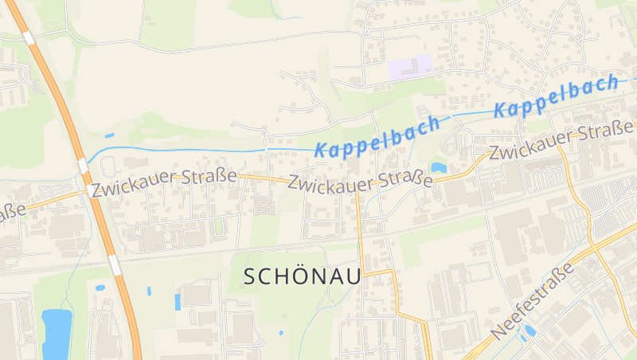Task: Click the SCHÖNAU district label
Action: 302,276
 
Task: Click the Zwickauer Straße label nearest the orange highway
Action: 163,182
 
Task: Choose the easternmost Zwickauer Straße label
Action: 561,142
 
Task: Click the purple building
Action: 410,67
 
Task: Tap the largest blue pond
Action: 57,334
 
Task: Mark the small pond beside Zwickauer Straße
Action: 438,167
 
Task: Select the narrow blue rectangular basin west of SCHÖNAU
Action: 178,302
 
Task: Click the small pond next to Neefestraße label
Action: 530,331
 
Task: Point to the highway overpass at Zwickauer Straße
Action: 83,165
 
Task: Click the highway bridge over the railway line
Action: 115,264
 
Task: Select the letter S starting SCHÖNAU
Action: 249,276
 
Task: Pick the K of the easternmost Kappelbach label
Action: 502,108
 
